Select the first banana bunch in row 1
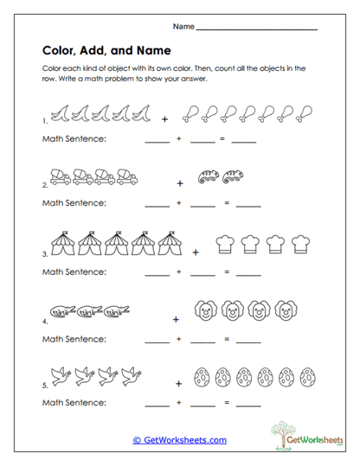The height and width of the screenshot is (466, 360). [x=60, y=112]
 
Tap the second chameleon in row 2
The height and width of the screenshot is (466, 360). [x=233, y=177]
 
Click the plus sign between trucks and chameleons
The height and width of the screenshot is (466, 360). [x=179, y=183]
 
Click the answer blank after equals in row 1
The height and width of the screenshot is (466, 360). [x=244, y=140]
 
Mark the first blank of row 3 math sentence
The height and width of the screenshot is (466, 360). [x=157, y=273]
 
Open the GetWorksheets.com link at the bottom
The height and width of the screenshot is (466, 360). [x=180, y=440]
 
